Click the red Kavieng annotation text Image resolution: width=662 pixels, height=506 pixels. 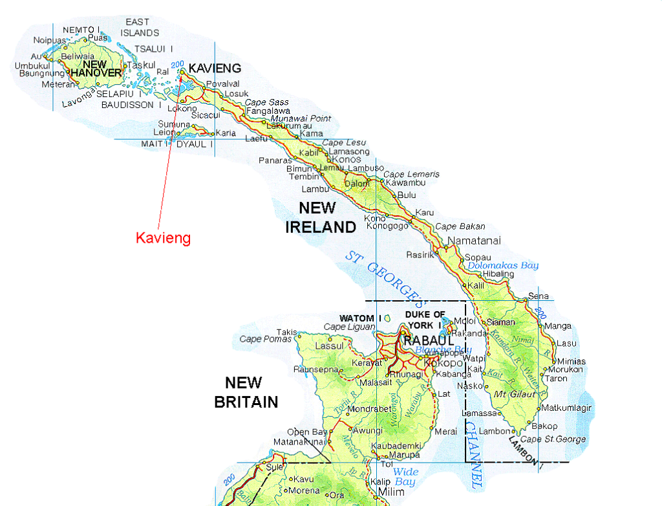[x=163, y=238]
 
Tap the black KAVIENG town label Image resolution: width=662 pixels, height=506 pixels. [x=215, y=68]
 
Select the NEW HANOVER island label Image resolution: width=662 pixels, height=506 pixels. [x=96, y=69]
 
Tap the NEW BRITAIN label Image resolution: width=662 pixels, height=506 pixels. [x=246, y=392]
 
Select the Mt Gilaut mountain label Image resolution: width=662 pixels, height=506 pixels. [x=509, y=394]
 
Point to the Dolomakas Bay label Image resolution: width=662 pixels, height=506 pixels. [x=503, y=265]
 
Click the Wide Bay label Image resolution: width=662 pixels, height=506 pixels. [x=405, y=477]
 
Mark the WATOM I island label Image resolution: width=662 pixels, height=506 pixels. [x=357, y=318]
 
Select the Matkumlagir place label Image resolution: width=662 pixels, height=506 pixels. [x=566, y=408]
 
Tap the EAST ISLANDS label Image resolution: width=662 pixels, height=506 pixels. [x=140, y=27]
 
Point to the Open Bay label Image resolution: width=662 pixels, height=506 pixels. [x=303, y=432]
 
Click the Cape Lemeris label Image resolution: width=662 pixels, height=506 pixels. [x=411, y=174]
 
